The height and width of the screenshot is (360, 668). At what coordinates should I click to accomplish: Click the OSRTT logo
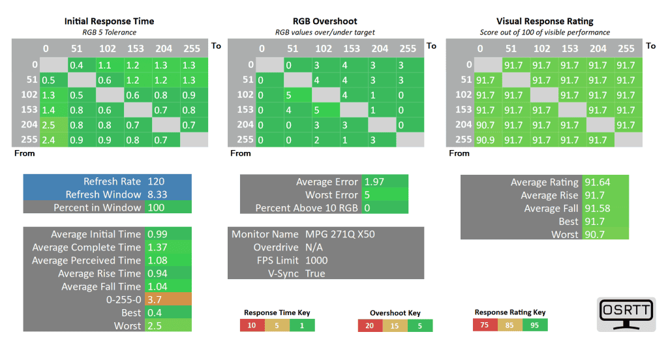tap(627, 315)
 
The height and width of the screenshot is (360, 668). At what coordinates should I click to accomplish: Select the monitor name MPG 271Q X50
tap(340, 234)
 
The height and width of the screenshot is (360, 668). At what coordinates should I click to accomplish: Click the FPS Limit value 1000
tap(316, 260)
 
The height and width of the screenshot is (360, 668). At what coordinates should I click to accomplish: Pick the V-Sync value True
tap(315, 273)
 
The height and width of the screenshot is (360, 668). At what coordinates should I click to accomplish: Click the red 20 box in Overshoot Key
tap(369, 325)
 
